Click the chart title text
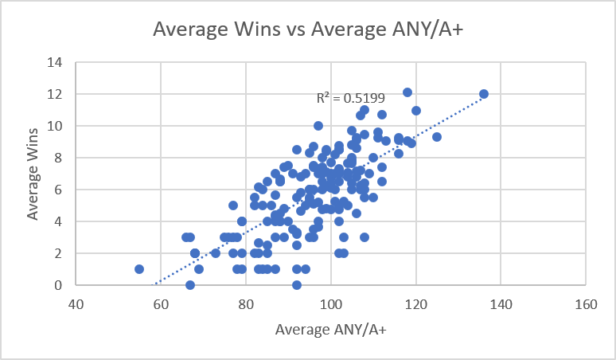(308, 29)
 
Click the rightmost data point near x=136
(483, 94)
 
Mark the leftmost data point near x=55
(139, 269)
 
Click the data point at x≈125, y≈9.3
(437, 137)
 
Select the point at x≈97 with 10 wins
(318, 126)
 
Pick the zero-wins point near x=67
(190, 284)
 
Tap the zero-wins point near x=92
(297, 284)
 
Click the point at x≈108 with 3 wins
(365, 237)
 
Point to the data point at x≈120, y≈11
(416, 111)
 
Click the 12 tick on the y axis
(57, 94)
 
